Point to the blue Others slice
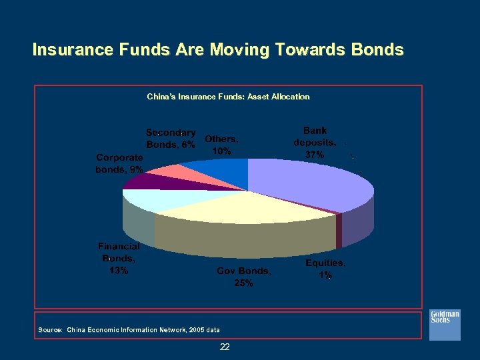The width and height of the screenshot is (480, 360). point(223,170)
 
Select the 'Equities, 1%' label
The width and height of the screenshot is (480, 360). point(325,269)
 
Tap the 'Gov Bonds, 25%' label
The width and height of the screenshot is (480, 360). point(243,277)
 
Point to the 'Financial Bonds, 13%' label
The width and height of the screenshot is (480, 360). point(119,258)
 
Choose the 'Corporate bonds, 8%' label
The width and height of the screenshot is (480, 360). point(119,163)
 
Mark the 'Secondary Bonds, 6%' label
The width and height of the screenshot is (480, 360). point(171,138)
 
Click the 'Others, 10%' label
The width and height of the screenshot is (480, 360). point(221,145)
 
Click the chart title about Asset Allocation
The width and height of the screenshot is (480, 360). point(228,97)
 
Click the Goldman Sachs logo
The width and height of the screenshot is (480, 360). point(444,323)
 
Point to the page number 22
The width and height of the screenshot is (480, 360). point(225,347)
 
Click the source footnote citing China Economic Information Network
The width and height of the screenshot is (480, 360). point(129,329)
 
